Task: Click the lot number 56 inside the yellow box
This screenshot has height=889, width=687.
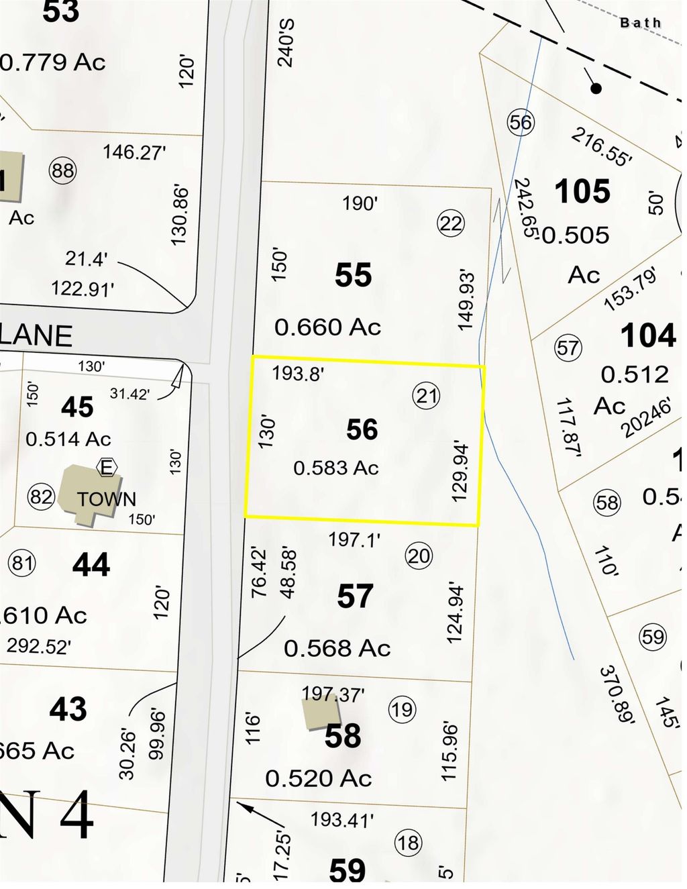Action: point(362,429)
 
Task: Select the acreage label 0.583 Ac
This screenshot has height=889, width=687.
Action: point(336,468)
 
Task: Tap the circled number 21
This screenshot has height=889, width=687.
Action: point(426,395)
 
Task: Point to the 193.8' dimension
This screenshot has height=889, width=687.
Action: point(298,373)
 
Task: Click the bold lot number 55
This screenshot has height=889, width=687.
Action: point(353,275)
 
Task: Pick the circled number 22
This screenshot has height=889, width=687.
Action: point(451,223)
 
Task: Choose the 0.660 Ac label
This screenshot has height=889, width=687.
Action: point(327,327)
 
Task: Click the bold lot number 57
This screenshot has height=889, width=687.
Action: point(355,596)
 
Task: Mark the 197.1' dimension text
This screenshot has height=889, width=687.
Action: point(354,539)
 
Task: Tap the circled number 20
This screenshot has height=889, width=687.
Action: point(419,556)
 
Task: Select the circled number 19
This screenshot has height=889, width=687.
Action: point(402,709)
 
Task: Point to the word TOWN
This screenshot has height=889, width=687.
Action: point(107,499)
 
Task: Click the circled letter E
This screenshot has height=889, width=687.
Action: point(107,467)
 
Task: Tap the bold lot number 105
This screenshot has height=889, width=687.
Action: point(582,192)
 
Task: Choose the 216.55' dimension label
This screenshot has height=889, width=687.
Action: point(601,147)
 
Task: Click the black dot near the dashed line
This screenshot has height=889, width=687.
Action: point(596,88)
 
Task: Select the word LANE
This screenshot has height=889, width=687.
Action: point(37,336)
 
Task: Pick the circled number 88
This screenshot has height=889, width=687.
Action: point(62,170)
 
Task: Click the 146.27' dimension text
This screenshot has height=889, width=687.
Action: point(134,152)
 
